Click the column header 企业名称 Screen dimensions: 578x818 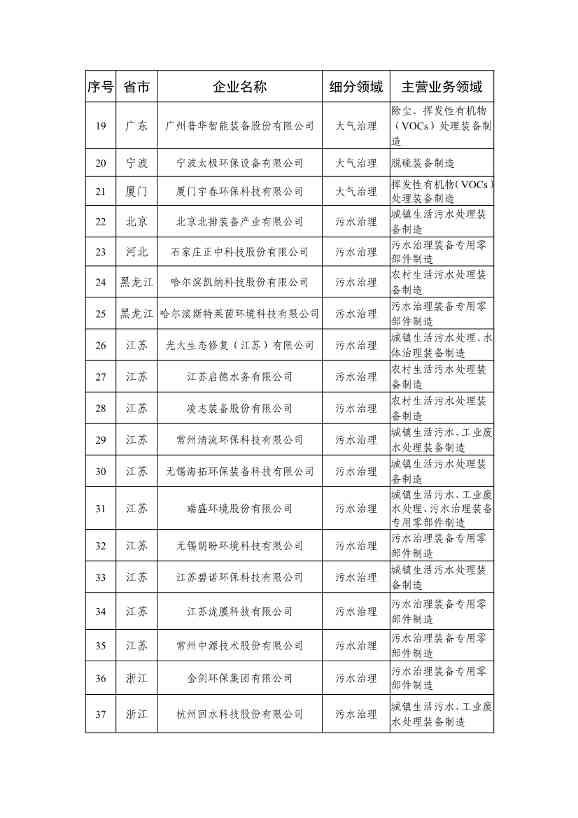click(240, 86)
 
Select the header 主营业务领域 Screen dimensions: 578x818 click(441, 86)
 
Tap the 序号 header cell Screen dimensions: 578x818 click(101, 86)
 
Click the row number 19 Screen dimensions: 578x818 click(101, 126)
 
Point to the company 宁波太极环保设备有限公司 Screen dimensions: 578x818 click(240, 162)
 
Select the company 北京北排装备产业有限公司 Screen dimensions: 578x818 click(240, 221)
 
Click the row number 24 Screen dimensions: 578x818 click(101, 283)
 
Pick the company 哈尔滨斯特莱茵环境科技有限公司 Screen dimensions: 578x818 click(240, 314)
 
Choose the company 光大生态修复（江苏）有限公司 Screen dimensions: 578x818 click(240, 345)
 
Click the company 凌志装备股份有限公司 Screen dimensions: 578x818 click(240, 408)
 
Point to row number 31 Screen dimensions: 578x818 click(101, 508)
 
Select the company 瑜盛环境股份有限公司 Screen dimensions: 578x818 click(240, 508)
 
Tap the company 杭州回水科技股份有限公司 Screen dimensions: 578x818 click(240, 715)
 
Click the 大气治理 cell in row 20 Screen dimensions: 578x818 click(356, 162)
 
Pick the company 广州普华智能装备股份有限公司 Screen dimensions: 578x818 click(240, 126)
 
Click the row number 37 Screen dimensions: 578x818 click(101, 715)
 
